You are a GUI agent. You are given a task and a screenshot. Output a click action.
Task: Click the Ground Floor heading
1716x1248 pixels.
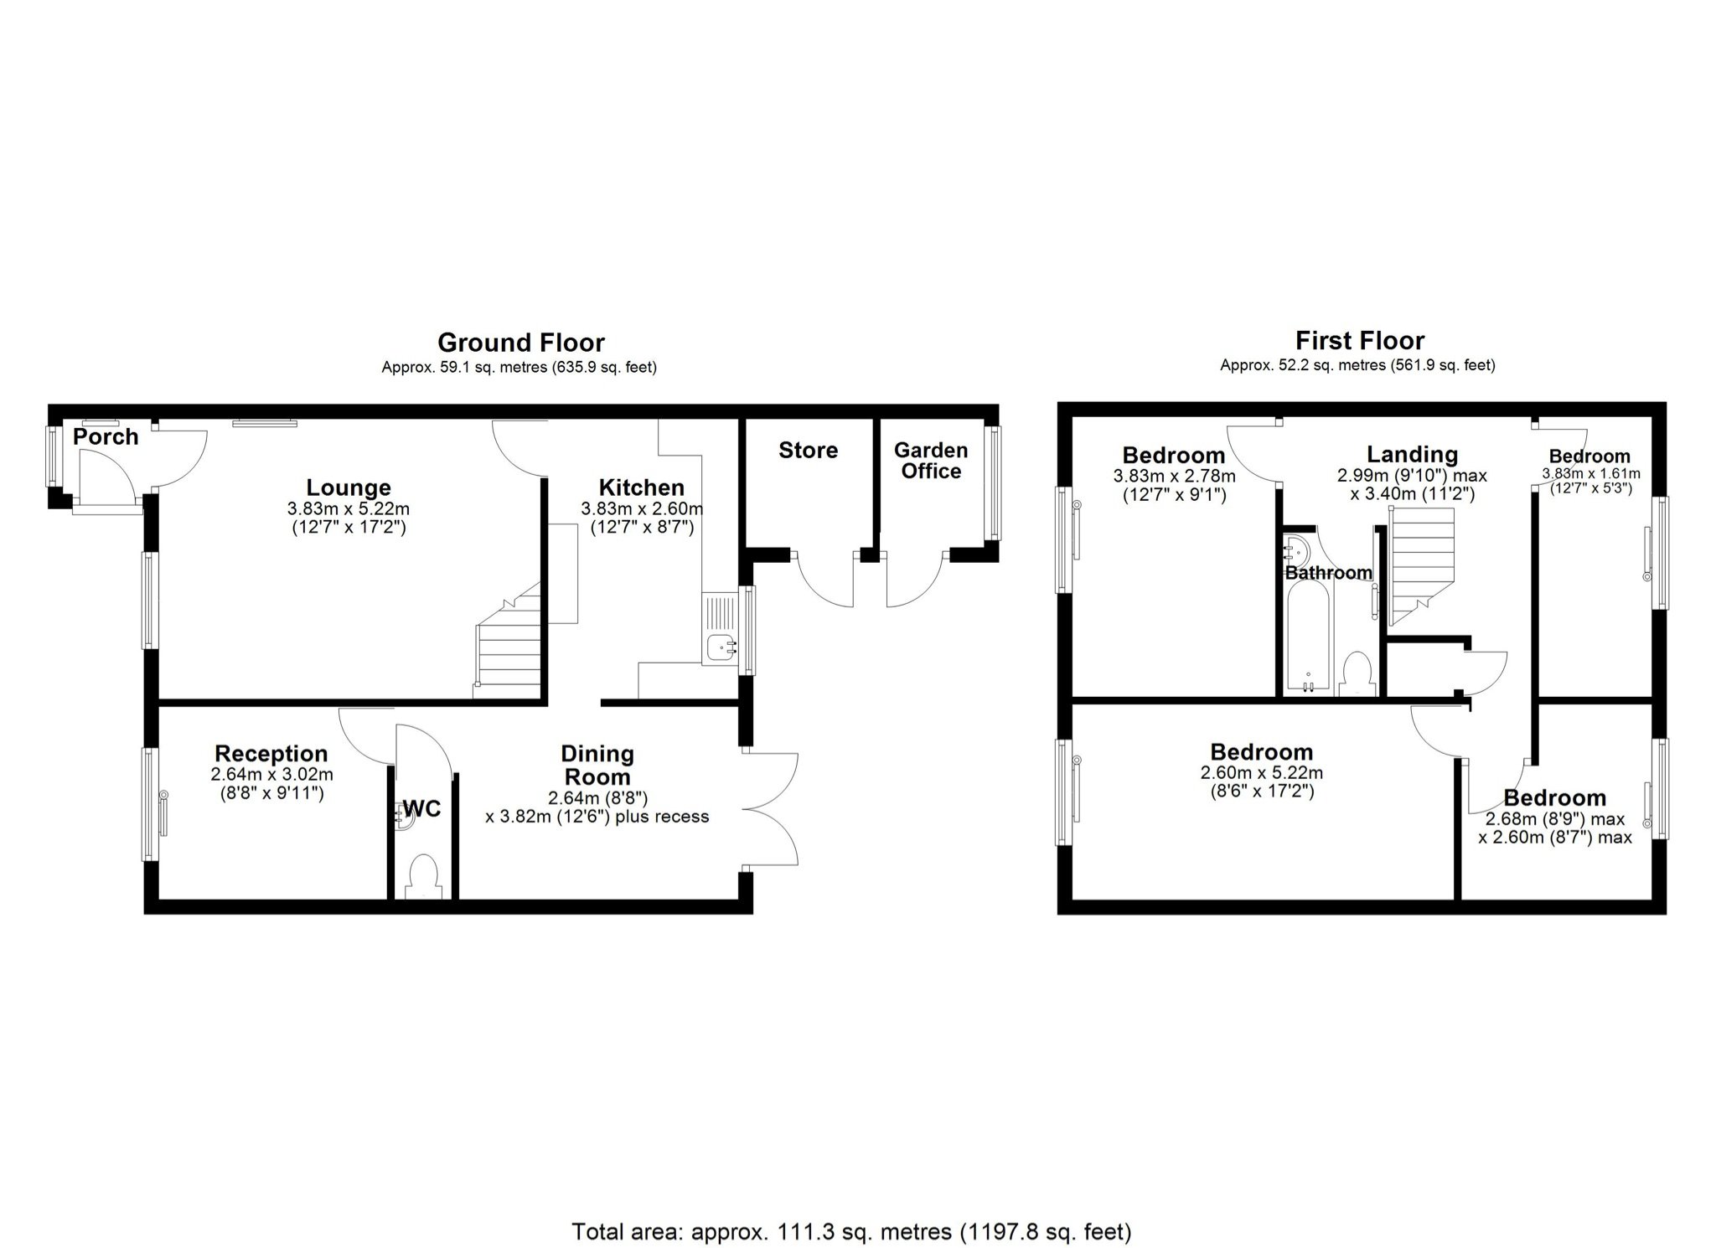(x=520, y=343)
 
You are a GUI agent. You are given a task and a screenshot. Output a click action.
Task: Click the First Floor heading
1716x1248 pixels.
(x=1359, y=341)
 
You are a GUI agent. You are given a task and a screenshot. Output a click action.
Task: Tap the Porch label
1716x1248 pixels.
(x=106, y=436)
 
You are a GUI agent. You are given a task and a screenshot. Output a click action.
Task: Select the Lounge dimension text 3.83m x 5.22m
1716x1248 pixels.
(x=349, y=508)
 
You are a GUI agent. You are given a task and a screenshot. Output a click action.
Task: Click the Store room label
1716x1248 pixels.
(x=808, y=451)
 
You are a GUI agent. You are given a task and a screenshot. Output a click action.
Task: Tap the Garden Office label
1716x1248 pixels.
(x=931, y=461)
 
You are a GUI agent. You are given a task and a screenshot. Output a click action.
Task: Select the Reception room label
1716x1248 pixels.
(x=271, y=754)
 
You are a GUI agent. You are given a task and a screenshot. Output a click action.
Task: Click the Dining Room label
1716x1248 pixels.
(x=597, y=765)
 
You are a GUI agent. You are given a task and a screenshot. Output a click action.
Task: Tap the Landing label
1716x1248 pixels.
(x=1412, y=455)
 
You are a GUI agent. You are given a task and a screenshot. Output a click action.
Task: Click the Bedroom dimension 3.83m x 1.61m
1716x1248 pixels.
(x=1590, y=473)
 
